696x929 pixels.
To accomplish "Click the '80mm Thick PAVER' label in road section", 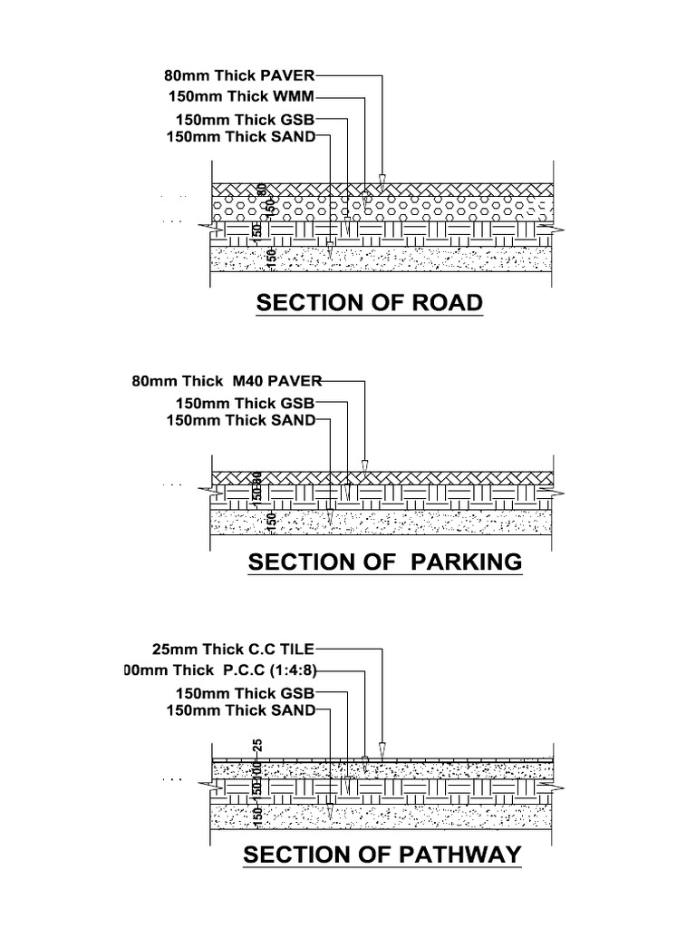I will (239, 77).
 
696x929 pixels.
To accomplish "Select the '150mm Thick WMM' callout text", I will (243, 96).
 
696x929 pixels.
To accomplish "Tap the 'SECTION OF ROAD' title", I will (369, 302).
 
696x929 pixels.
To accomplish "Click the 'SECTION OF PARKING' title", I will (385, 562).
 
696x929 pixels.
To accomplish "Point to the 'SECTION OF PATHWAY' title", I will (382, 855).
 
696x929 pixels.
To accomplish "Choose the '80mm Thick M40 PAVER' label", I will (227, 381).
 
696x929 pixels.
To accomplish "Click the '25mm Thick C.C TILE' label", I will (235, 650).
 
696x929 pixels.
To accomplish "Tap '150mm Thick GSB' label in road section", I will (245, 120).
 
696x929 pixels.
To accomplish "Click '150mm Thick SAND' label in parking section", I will (242, 420).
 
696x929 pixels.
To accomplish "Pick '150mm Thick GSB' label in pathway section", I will (245, 694).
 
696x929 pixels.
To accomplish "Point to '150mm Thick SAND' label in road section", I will (242, 137).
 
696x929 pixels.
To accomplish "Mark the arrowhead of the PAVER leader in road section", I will (382, 180).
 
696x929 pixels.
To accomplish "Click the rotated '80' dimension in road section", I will (261, 191).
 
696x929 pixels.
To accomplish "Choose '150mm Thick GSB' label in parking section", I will (245, 403).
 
